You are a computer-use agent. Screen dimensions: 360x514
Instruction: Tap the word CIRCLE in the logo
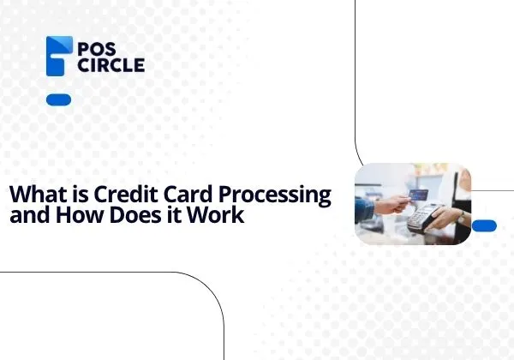click(111, 65)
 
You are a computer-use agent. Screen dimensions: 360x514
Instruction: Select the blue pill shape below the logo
click(58, 100)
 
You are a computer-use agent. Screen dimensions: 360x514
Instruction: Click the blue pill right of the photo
click(484, 225)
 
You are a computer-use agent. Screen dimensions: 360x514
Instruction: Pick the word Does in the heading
click(134, 215)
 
